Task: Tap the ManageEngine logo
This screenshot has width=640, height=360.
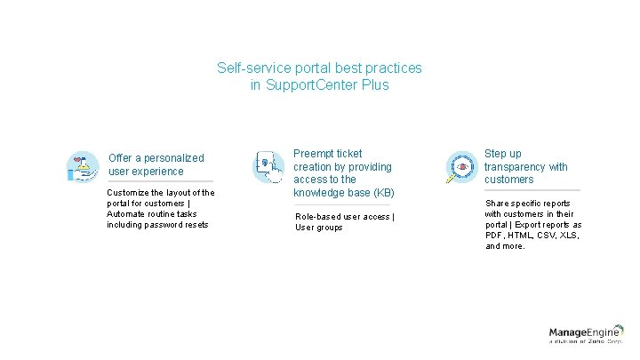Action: pos(586,334)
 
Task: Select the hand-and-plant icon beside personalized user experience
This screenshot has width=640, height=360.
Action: pos(83,166)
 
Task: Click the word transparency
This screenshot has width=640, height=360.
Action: pos(519,166)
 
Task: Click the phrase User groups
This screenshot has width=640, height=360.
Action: pos(318,228)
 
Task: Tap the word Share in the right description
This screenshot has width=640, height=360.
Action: pos(498,204)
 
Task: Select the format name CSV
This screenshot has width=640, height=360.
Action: pos(556,236)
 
